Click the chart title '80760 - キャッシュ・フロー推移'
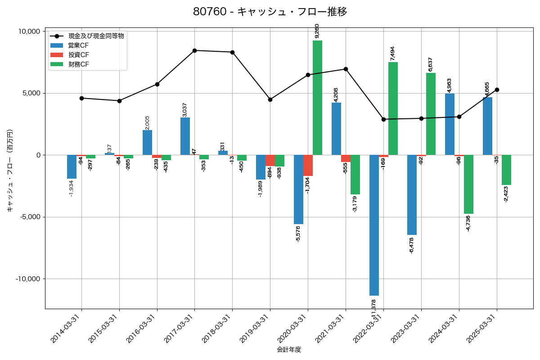270,12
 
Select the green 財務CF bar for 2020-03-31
317,98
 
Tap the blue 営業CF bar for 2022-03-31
374,225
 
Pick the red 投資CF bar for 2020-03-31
308,165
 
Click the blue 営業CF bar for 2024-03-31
450,124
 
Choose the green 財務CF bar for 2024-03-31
468,184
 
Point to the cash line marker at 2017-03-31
194,50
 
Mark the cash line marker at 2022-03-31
383,119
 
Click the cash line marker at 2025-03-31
497,90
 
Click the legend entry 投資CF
79,55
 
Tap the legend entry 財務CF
79,64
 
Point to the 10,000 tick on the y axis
28,31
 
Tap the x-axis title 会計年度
289,350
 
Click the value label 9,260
317,31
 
